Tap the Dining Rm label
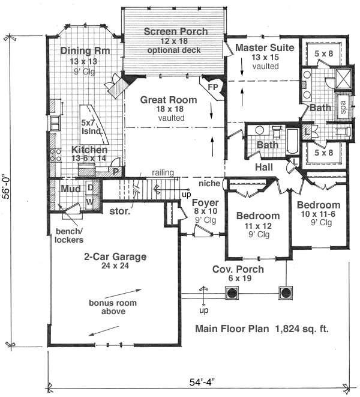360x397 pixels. pyautogui.click(x=85, y=50)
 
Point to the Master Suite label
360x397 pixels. pyautogui.click(x=265, y=47)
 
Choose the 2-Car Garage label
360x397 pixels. pyautogui.click(x=115, y=256)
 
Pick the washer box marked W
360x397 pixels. pyautogui.click(x=90, y=201)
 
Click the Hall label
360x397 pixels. pyautogui.click(x=264, y=166)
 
